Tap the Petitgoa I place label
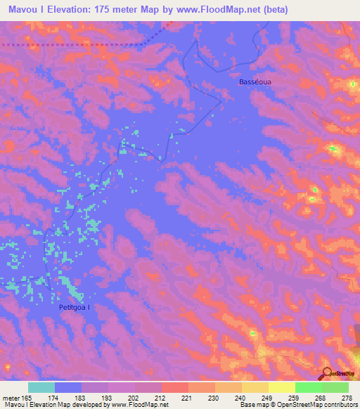click(75, 307)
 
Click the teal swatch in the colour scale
click(41, 387)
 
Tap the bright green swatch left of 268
click(309, 387)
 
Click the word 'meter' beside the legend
click(12, 398)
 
